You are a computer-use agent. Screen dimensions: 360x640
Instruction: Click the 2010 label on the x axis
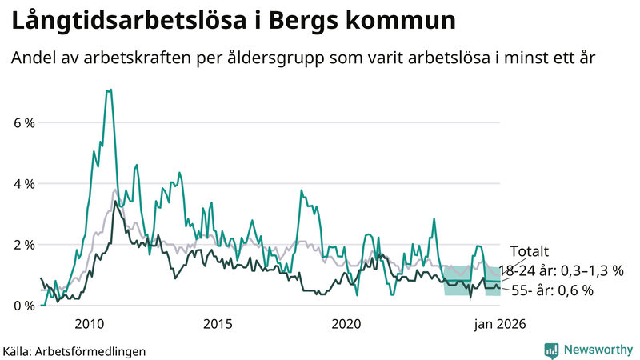point(89,324)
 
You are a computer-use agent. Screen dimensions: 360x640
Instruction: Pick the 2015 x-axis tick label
point(218,324)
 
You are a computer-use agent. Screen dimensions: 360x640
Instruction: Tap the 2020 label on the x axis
point(346,324)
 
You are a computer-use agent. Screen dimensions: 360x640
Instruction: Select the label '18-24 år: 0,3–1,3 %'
point(560,270)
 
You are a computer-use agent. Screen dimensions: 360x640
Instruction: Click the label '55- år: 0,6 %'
point(552,290)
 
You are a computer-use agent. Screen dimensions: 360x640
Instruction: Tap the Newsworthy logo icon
point(551,350)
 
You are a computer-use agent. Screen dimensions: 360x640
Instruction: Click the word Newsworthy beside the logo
point(596,350)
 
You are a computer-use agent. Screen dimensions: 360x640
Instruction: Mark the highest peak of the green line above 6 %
point(109,90)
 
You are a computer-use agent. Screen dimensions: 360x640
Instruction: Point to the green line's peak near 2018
point(302,190)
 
